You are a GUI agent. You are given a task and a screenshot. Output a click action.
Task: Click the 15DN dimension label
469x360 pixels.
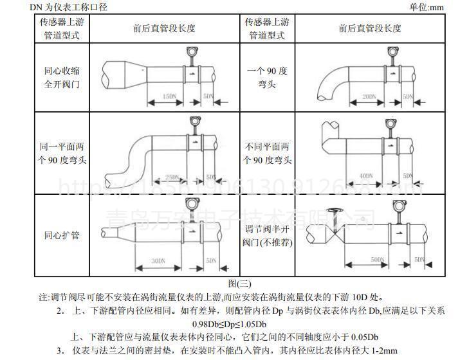[x=169, y=96]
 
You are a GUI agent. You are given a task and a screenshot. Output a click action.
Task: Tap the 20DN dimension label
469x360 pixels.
[x=369, y=96]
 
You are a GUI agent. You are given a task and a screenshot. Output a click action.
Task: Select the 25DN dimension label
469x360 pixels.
[x=172, y=177]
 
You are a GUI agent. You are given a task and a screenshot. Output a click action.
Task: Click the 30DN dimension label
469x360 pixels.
[x=157, y=260]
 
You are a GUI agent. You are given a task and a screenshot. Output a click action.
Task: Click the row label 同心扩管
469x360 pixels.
[x=62, y=235]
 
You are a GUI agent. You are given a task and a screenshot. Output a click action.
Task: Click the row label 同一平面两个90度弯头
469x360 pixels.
[x=62, y=154]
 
